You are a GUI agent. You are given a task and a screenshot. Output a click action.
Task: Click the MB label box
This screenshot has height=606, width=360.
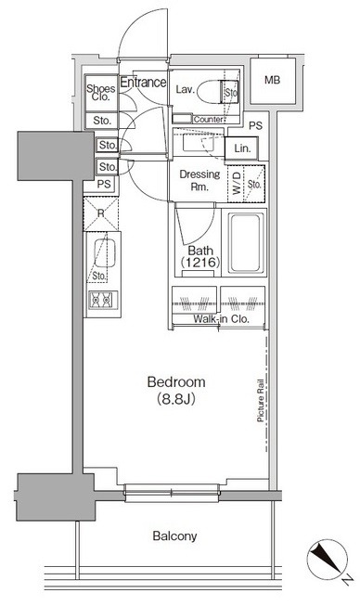pos(273,81)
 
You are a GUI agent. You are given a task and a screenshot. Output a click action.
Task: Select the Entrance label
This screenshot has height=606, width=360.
pos(143,82)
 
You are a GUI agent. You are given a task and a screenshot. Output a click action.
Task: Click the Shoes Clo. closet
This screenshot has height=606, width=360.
pos(101,93)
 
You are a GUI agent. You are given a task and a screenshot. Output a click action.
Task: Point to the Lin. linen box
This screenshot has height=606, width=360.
pos(242,148)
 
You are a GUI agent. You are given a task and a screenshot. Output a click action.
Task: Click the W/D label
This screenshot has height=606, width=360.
pos(237,183)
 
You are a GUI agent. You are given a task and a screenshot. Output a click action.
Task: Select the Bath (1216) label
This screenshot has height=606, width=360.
pos(200,256)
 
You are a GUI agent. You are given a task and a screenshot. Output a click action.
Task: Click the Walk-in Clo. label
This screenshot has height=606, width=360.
pos(221,319)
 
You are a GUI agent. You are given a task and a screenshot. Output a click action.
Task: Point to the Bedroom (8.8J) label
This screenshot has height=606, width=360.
pos(176,390)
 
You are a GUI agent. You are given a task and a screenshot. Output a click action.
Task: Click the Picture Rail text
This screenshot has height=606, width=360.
pos(261,400)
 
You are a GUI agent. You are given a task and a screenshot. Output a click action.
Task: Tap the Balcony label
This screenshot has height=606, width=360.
pos(174,535)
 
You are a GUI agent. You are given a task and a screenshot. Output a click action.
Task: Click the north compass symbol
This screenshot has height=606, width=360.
pos(328,560)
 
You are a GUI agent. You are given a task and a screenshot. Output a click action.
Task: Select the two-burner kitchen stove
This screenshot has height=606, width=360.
pos(100,300)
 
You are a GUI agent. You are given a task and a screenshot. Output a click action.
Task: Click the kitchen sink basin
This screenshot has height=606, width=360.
pos(104,253)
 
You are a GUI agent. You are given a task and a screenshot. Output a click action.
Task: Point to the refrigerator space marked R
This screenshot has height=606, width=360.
pos(101,213)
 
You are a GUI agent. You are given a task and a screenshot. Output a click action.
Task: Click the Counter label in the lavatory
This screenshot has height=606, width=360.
pos(208,120)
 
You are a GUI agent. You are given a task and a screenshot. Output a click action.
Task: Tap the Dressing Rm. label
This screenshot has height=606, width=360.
pos(199,180)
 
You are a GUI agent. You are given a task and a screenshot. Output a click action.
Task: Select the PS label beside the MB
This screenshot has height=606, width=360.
pos(255,125)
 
